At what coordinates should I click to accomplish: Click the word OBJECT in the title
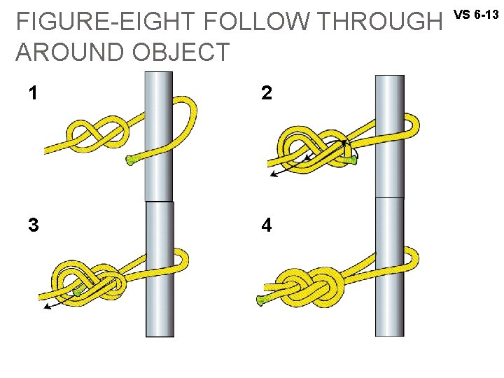point(185,52)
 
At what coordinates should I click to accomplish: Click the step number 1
point(33,93)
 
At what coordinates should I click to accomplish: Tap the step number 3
point(33,225)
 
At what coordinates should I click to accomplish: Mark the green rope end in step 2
point(351,161)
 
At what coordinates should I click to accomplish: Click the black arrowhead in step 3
point(45,306)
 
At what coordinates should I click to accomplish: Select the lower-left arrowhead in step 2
point(273,174)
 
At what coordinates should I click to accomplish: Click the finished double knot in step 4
point(315,283)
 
